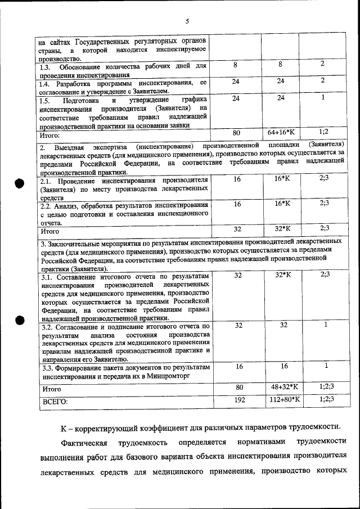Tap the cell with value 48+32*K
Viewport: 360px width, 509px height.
282,387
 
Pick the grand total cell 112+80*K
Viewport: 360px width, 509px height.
282,399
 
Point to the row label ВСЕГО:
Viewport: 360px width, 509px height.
55,402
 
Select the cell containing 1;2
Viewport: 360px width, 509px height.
323,132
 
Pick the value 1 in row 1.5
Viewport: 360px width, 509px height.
323,98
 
